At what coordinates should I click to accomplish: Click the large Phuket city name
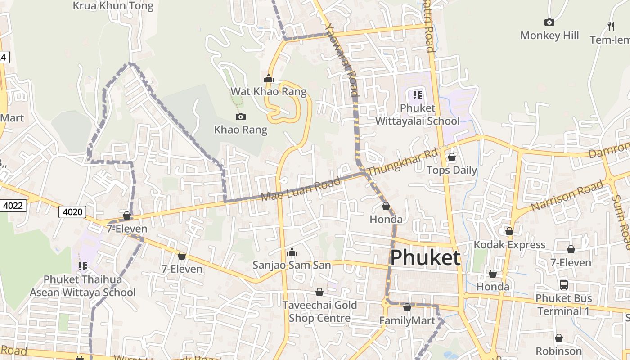425,258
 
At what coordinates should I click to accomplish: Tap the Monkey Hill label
549,36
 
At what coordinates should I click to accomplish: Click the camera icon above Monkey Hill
549,22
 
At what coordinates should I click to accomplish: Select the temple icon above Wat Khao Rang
269,79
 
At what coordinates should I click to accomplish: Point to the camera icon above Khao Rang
241,117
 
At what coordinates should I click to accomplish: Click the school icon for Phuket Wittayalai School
418,95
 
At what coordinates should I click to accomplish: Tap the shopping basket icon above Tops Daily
452,157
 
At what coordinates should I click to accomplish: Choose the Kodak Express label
509,245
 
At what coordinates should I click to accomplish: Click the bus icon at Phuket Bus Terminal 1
564,284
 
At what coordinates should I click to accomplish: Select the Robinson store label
559,351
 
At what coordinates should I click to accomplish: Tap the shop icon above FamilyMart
407,307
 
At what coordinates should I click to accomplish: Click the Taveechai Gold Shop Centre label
319,311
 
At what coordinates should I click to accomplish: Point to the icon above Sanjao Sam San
292,252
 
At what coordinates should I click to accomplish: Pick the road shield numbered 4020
72,211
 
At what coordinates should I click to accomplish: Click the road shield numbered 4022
13,206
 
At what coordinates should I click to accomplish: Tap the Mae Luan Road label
301,189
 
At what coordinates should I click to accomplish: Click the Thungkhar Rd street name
402,163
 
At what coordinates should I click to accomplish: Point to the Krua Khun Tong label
113,6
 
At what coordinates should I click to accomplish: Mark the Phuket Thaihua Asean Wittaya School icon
82,266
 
